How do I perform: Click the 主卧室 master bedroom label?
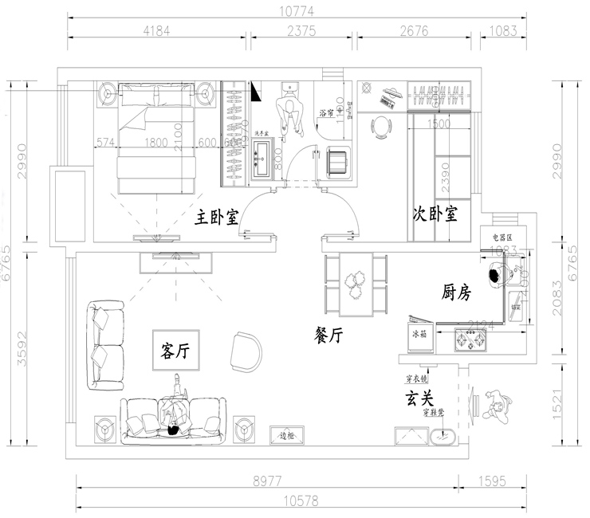218,217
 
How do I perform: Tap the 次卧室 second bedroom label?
435,214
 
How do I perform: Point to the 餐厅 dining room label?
328,336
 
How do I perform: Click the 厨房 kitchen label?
456,292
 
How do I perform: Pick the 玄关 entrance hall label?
421,396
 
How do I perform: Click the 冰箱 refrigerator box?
420,334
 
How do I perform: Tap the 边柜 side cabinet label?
287,435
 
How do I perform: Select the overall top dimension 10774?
297,10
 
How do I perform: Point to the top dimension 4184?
158,31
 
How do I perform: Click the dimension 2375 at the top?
302,31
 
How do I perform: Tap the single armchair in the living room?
246,351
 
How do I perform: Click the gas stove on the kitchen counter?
470,341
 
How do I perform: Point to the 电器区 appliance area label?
505,237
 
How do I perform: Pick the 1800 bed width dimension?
156,143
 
